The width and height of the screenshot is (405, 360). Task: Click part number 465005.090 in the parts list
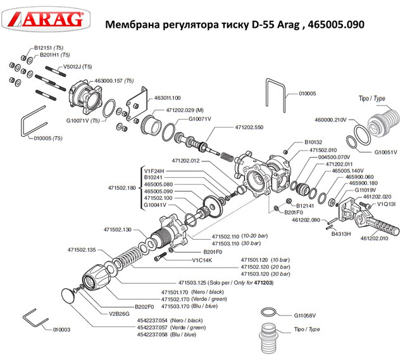coord(159,191)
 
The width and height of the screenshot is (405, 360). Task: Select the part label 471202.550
coord(248,127)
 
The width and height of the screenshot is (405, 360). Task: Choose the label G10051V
coord(385,152)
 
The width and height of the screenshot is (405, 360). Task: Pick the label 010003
coord(62,330)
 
